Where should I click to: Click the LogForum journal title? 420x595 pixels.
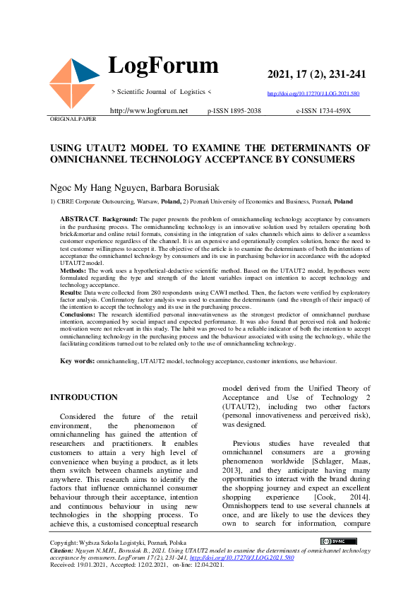163,66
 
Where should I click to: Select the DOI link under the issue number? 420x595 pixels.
313,93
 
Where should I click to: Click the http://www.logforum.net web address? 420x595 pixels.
149,111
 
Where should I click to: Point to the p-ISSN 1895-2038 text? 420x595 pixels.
234,111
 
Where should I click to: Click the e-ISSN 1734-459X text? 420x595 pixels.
323,111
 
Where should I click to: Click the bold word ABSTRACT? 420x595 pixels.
79,220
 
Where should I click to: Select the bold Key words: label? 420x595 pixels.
77,361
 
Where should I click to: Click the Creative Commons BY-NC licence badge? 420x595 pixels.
338,541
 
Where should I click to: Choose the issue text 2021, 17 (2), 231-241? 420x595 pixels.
316,75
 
